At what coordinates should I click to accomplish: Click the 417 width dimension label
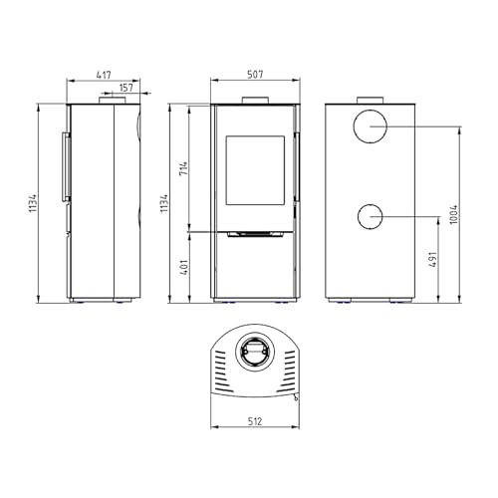[104, 75]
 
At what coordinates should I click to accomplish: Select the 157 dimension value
[126, 88]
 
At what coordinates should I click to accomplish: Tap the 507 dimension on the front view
[255, 75]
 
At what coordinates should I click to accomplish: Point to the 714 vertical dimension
[183, 168]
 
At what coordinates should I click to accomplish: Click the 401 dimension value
[183, 267]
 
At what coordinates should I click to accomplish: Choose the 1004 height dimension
[454, 214]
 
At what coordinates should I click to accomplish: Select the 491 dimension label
[433, 260]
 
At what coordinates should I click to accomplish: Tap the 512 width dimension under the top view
[255, 421]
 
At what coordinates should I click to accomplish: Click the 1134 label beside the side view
[33, 203]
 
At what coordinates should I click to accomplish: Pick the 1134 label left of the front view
[164, 203]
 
